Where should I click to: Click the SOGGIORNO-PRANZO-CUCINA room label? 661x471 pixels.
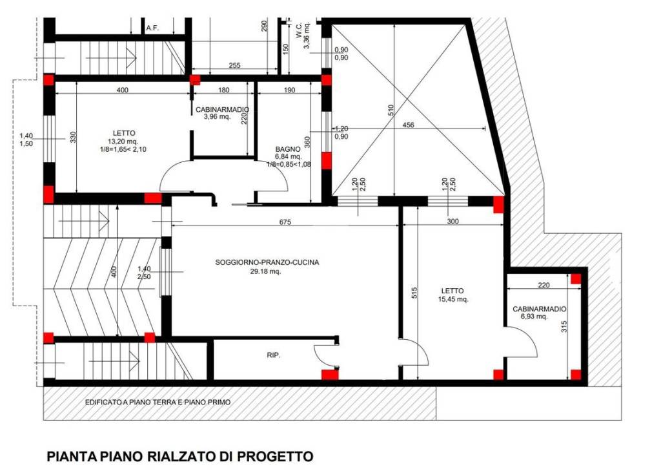point(267,262)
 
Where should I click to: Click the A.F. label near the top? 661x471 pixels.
point(152,28)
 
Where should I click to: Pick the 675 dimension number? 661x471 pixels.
point(285,222)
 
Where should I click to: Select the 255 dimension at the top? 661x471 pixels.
point(234,66)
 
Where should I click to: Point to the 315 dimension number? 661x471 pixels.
point(564,328)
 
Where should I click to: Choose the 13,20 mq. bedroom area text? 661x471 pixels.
point(122,141)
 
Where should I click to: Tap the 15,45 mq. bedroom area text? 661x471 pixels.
point(453,299)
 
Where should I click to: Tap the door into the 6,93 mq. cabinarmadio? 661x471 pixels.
point(522,342)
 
